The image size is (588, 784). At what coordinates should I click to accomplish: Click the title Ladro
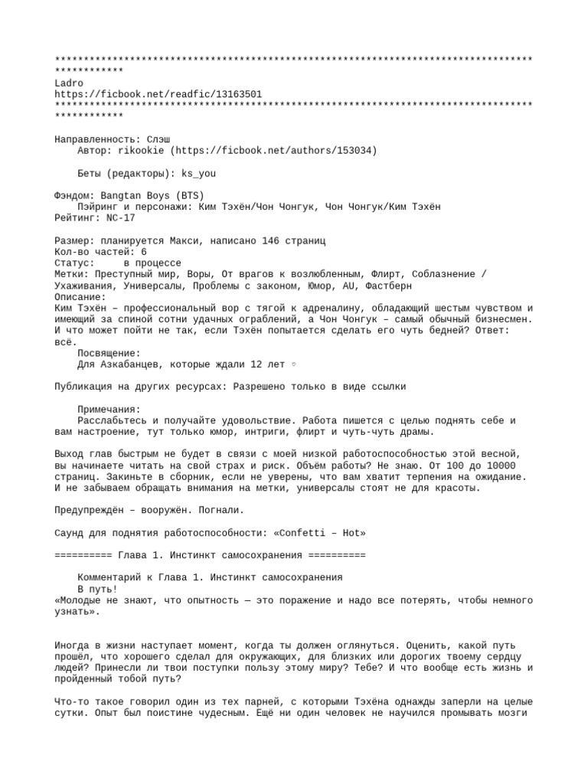[70, 83]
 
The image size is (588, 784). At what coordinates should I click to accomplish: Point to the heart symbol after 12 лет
[294, 364]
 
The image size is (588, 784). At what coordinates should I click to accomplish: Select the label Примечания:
[109, 410]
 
